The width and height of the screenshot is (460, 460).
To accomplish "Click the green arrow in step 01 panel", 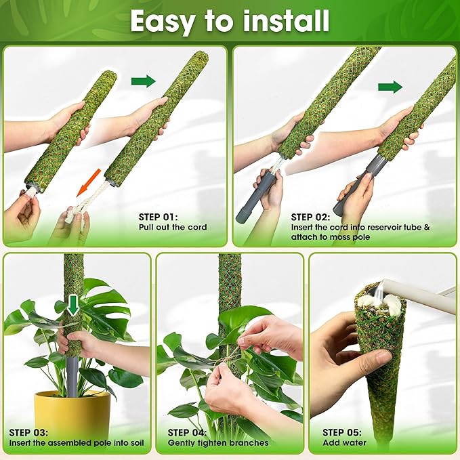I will point(143,81).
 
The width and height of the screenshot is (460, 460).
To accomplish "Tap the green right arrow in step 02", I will point(390,87).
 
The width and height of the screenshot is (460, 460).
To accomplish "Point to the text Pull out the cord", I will point(172,227).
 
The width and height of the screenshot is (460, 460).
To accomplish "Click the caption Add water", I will point(344,443).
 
